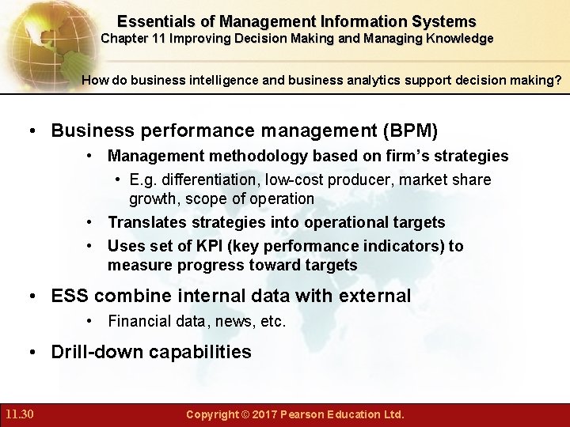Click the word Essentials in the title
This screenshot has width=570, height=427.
coord(154,21)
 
